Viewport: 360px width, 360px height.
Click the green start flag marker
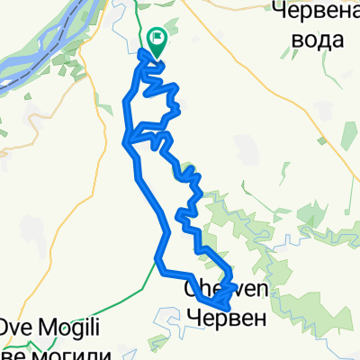pos(157,40)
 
